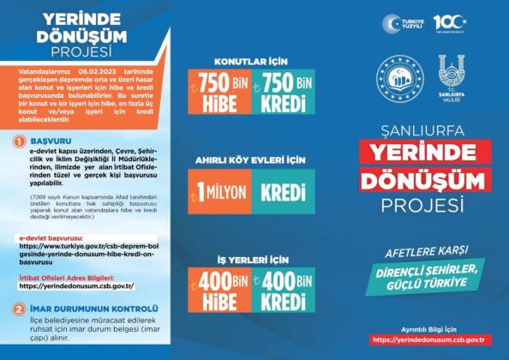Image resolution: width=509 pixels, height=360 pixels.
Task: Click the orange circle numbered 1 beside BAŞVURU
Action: pos(19,141)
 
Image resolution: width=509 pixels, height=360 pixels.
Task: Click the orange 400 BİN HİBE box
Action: pos(222,291)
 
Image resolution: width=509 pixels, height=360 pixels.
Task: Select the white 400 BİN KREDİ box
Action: pos(288,291)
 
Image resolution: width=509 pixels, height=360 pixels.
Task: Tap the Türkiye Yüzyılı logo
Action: pos(402,23)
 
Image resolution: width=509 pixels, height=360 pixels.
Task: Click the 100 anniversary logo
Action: pos(449,22)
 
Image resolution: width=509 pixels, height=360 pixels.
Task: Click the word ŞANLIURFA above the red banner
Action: pos(425,131)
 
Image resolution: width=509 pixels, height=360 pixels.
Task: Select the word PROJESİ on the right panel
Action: pos(425,205)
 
